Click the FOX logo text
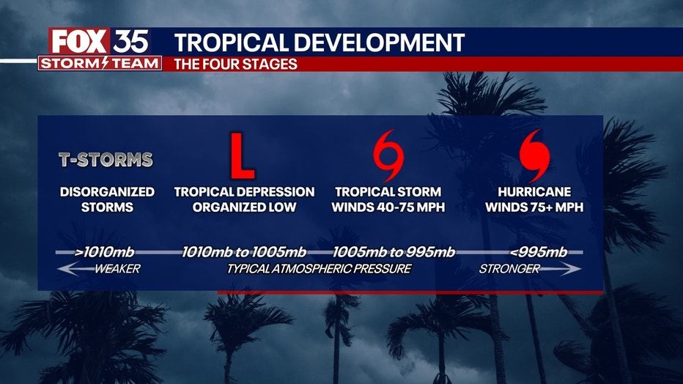79,42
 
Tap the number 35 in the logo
130,42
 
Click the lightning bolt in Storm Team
105,63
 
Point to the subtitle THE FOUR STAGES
236,64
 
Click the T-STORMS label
106,160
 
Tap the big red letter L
242,155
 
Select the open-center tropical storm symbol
388,155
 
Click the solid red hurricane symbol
534,155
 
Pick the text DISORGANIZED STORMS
107,199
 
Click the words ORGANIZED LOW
244,207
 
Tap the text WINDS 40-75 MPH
388,207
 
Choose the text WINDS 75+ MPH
534,207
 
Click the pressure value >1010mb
105,251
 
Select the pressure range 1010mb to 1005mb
244,251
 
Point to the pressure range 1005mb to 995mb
394,251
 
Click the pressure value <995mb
539,251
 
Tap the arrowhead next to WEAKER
66,269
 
